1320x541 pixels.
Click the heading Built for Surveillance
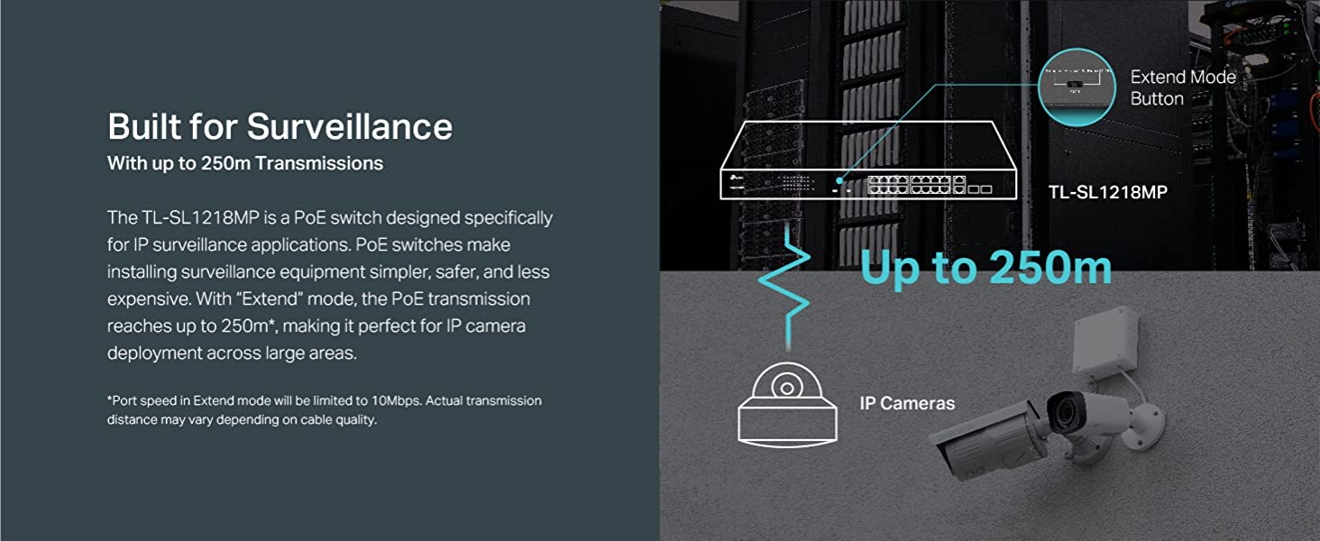pyautogui.click(x=280, y=126)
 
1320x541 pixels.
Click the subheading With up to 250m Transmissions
pyautogui.click(x=244, y=163)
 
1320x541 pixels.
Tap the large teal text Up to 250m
pyautogui.click(x=985, y=268)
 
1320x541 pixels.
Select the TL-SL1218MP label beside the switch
pyautogui.click(x=1107, y=191)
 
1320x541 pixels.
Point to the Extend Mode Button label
pyautogui.click(x=1182, y=87)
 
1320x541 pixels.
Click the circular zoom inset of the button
pyautogui.click(x=1077, y=87)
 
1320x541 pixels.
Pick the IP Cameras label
pyautogui.click(x=907, y=403)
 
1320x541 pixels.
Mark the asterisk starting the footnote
pyautogui.click(x=110, y=399)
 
